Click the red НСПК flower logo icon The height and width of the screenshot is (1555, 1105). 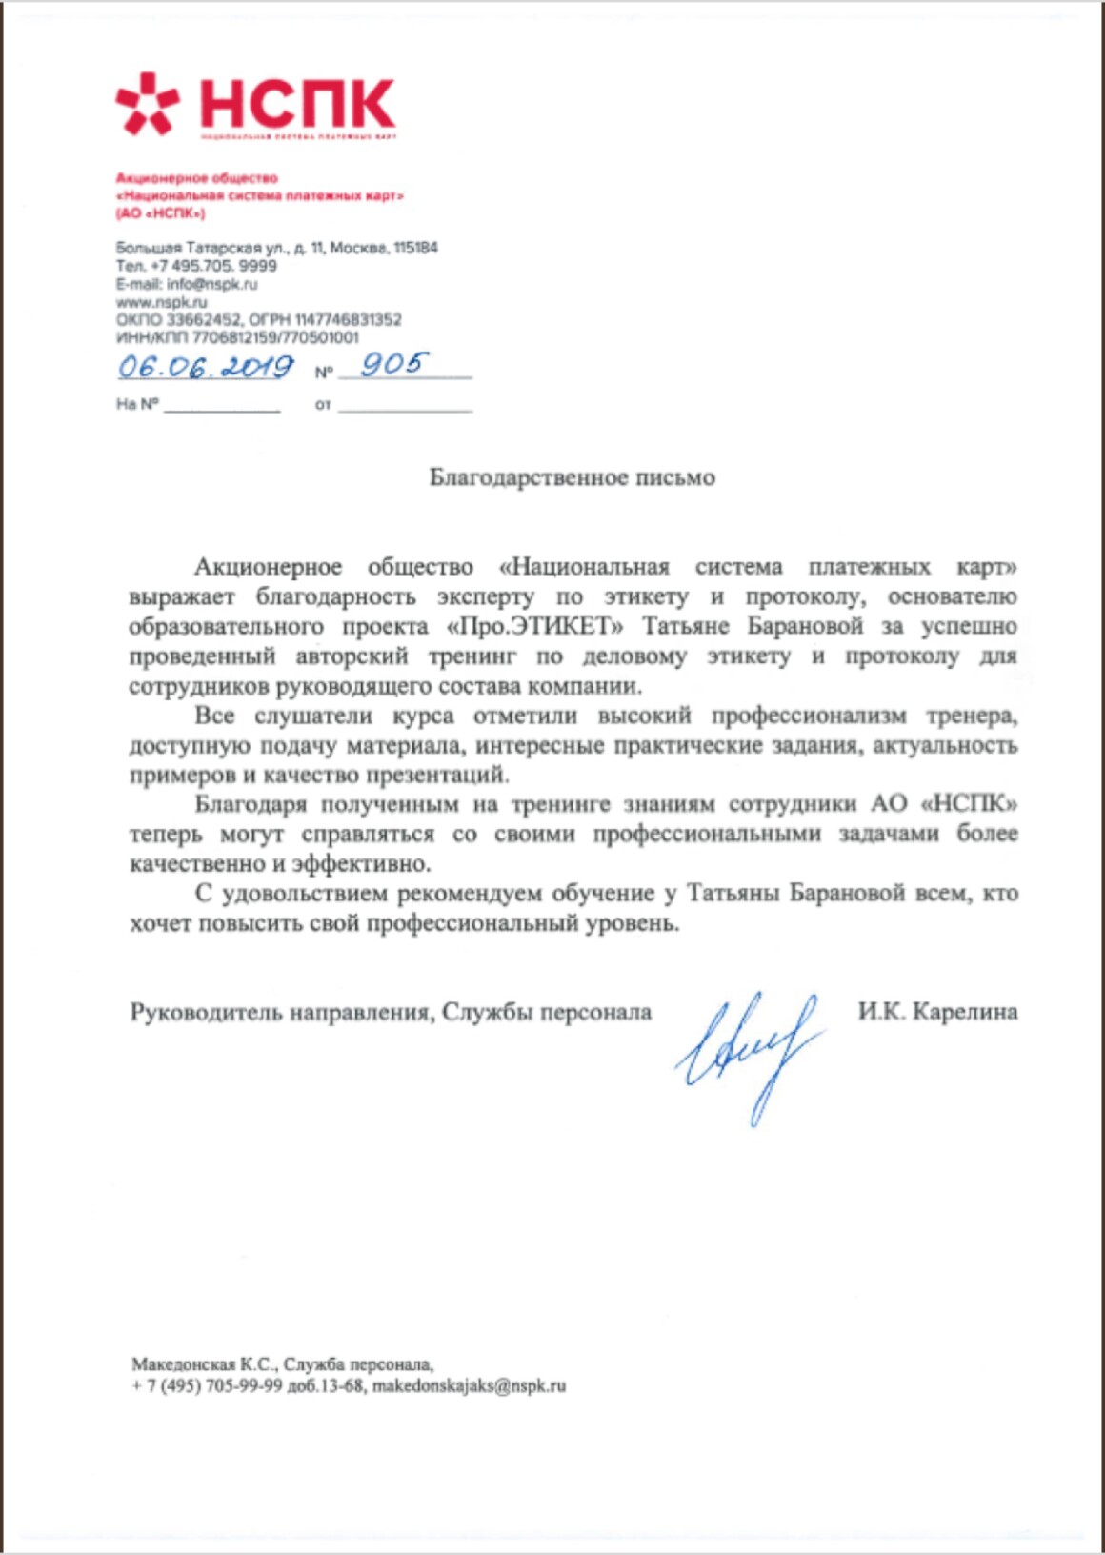tap(147, 103)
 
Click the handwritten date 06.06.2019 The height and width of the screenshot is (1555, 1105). tap(205, 367)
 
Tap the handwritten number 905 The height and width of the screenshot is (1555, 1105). tap(393, 364)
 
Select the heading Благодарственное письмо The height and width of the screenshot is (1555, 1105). tap(572, 477)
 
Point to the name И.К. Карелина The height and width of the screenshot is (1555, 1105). tap(937, 1011)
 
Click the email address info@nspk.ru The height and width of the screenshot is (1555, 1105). tap(211, 284)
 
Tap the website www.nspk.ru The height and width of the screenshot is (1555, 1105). tap(161, 302)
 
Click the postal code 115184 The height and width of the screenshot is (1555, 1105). tap(415, 248)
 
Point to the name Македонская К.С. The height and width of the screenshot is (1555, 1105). tap(203, 1364)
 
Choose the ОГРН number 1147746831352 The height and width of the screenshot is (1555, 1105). tap(348, 320)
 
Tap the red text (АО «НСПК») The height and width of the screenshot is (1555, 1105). tap(160, 213)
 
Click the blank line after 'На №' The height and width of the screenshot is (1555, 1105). tap(222, 408)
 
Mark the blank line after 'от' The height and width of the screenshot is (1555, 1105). tap(405, 408)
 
